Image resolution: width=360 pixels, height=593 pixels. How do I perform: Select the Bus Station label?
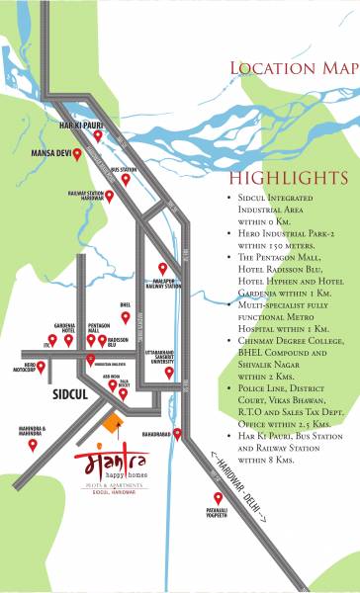pyautogui.click(x=124, y=170)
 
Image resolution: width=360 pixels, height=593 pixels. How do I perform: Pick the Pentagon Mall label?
pyautogui.click(x=97, y=325)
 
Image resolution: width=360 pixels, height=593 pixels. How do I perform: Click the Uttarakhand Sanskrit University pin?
pyautogui.click(x=168, y=373)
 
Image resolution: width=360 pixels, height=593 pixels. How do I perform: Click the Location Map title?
pyautogui.click(x=294, y=67)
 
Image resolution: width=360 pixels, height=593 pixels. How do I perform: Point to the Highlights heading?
pyautogui.click(x=288, y=179)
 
